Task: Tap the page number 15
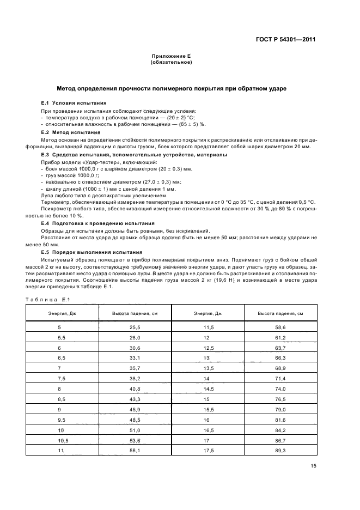313,465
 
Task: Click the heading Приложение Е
171,57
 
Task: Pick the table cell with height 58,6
280,326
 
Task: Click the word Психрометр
56,209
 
